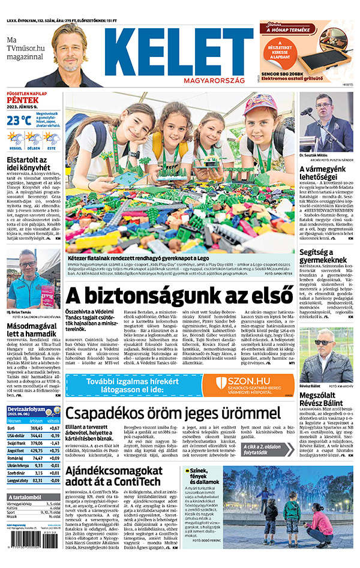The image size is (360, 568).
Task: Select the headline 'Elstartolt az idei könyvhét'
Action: pyautogui.click(x=27, y=165)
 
